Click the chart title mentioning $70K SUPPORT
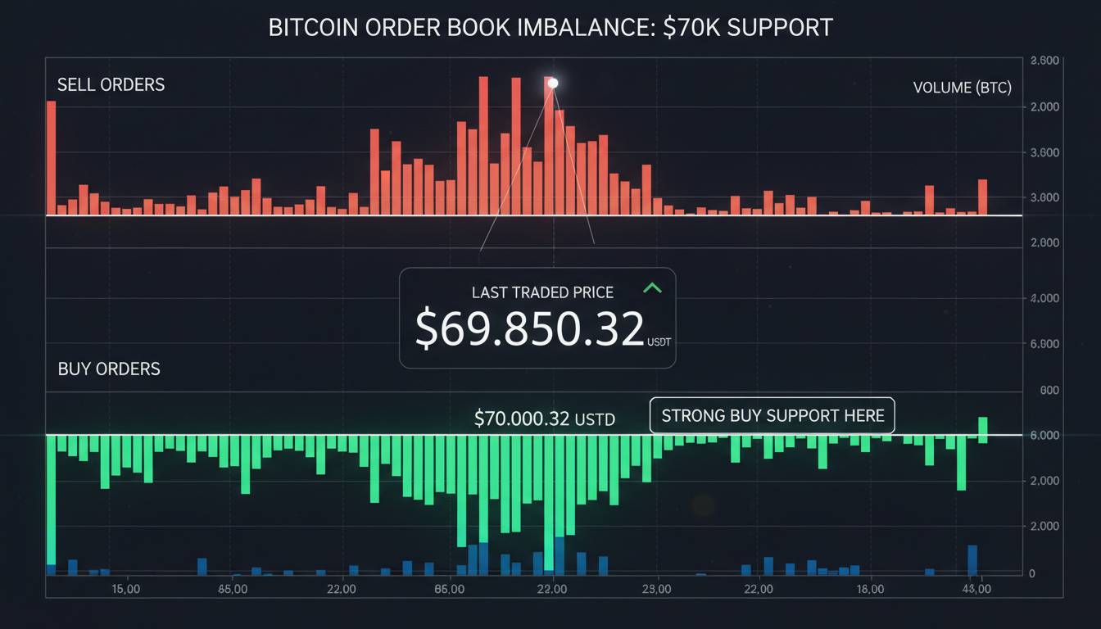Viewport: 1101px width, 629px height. click(x=550, y=27)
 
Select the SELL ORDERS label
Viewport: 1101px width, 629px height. click(x=111, y=84)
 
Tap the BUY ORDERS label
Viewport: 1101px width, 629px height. click(x=109, y=369)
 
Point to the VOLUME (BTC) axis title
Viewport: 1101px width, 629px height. click(x=962, y=88)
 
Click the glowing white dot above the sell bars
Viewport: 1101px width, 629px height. click(x=553, y=83)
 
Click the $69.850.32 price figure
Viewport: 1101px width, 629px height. click(x=529, y=329)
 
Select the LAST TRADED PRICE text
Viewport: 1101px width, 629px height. click(x=542, y=292)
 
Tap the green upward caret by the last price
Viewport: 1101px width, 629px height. click(x=652, y=287)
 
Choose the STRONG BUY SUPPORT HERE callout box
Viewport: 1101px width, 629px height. click(x=772, y=415)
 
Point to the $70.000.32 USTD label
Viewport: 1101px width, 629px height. click(x=544, y=419)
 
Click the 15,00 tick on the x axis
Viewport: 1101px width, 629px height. click(x=125, y=589)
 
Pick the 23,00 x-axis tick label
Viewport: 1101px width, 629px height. click(x=657, y=589)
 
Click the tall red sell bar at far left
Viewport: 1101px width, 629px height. click(x=51, y=157)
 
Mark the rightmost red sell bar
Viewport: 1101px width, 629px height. click(x=982, y=197)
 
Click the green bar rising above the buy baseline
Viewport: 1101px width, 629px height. click(x=982, y=426)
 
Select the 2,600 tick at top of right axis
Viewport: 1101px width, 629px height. click(x=1045, y=61)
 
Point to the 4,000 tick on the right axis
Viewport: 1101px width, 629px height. click(x=1045, y=299)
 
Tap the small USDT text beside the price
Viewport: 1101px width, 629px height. click(x=659, y=342)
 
